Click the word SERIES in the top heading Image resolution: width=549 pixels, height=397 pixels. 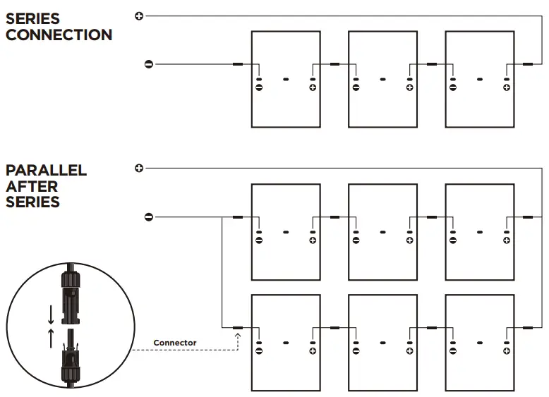(32, 18)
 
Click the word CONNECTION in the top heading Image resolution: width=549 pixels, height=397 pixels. (59, 35)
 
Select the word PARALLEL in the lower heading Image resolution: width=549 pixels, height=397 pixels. (46, 171)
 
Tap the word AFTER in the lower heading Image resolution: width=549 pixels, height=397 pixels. (32, 187)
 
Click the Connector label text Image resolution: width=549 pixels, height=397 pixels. (174, 343)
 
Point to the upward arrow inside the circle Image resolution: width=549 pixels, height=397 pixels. (51, 338)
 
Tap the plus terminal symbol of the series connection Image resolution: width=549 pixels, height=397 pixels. (139, 16)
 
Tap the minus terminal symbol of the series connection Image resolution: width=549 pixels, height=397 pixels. (148, 64)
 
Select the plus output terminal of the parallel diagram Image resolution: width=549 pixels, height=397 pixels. (139, 168)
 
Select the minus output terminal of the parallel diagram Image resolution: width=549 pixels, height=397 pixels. (148, 216)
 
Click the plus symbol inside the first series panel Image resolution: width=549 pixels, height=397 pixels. (313, 87)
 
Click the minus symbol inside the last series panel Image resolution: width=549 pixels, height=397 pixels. (452, 87)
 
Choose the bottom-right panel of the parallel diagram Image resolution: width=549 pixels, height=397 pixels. (480, 343)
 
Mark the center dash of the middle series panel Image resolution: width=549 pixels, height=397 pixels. (382, 79)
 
